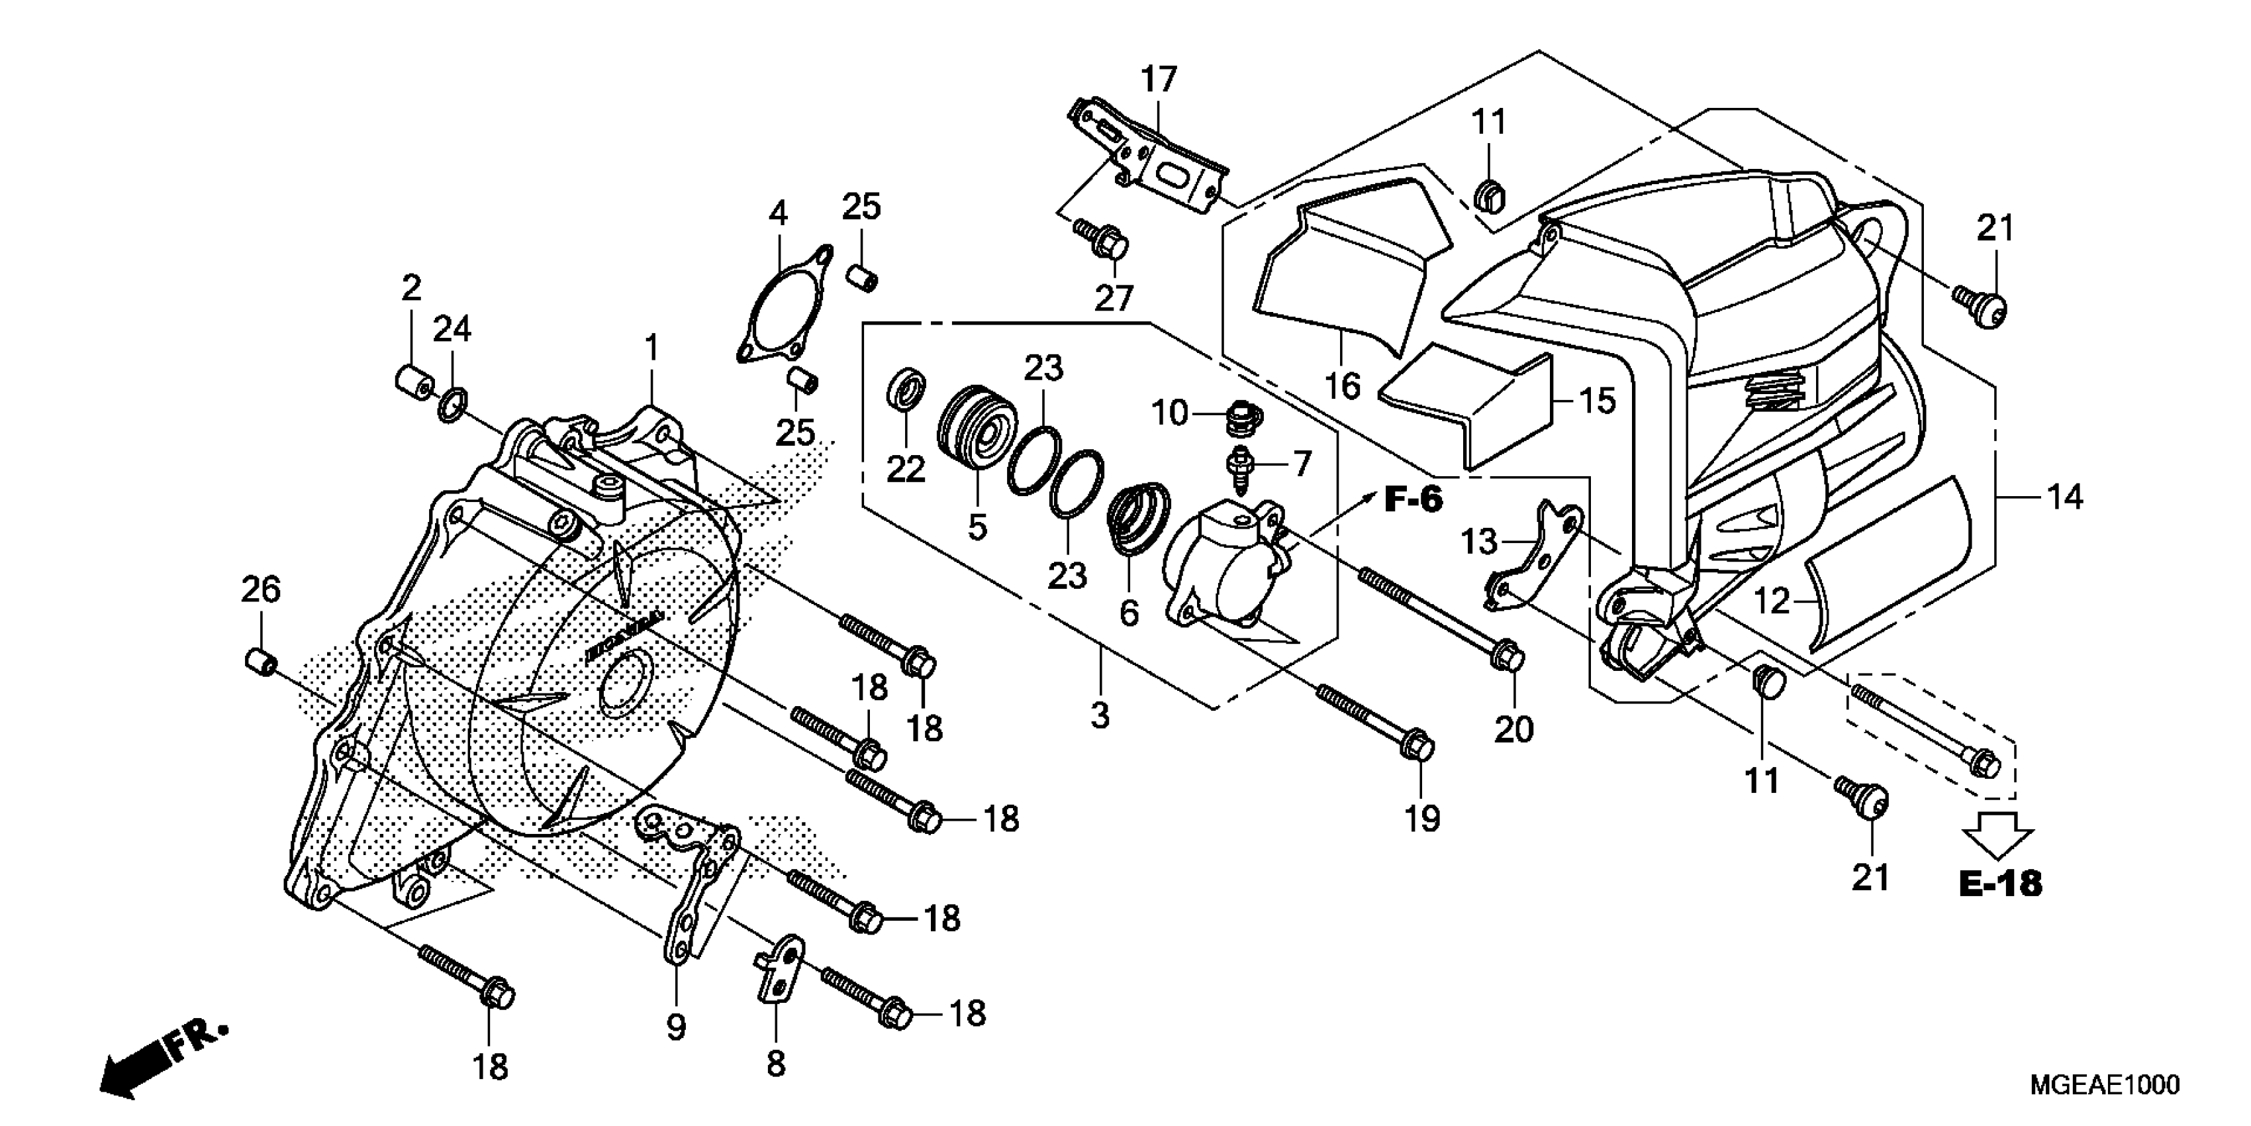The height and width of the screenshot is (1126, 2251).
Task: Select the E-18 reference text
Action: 2000,884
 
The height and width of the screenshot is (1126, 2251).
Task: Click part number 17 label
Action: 1159,79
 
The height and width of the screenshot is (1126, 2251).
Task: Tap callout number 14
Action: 2065,497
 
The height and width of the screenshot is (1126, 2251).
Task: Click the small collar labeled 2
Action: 412,383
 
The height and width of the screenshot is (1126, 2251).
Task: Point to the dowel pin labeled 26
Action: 260,661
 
